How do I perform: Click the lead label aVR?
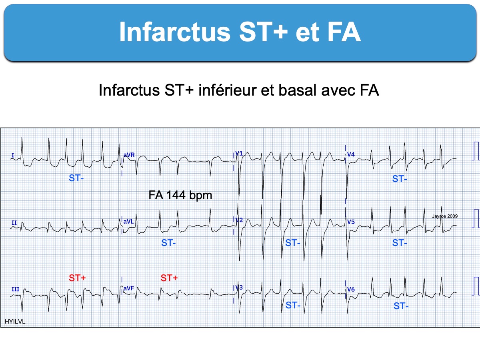[x=129, y=155]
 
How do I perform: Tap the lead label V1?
[x=239, y=154]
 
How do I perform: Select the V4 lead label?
[x=351, y=154]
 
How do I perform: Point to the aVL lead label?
[x=128, y=222]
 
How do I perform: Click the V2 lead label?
[x=239, y=220]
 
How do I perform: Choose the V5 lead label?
[x=351, y=222]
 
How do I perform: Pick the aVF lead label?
[x=128, y=288]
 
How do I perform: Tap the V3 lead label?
[x=239, y=287]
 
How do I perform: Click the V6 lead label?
[x=351, y=289]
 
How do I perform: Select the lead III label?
[x=15, y=289]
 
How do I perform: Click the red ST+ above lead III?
[x=77, y=278]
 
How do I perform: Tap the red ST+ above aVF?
[x=169, y=278]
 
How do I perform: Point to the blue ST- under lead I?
[x=76, y=178]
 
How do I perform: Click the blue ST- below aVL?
[x=168, y=243]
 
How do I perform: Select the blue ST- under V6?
[x=401, y=306]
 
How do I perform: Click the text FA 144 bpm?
[x=180, y=195]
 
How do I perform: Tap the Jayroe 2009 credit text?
[x=445, y=216]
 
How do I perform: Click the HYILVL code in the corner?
[x=15, y=322]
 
